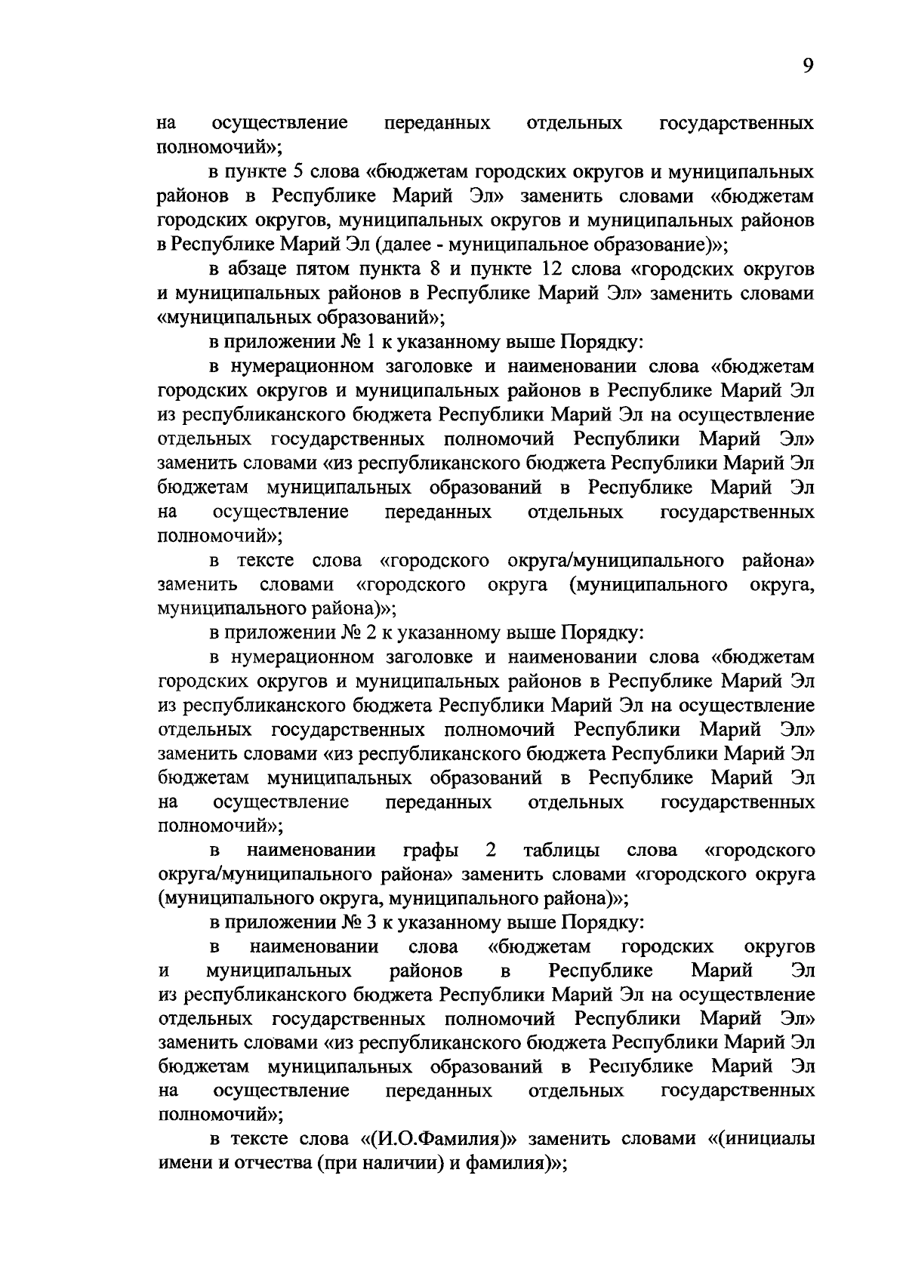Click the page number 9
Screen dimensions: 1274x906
808,67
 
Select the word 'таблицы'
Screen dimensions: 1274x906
562,851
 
